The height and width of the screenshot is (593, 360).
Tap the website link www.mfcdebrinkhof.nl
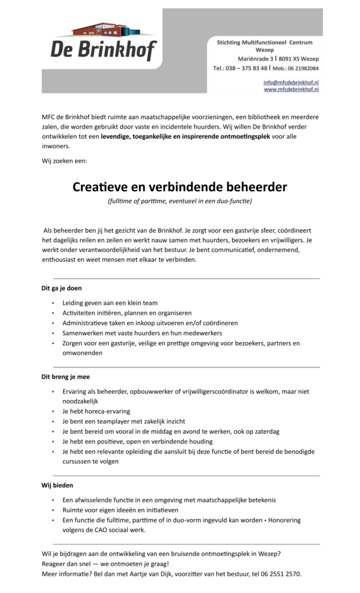(291, 90)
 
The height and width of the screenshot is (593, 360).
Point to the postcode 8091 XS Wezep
(299, 59)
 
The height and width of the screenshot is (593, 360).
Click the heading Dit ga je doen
(61, 288)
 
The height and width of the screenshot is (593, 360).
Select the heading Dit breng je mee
(65, 376)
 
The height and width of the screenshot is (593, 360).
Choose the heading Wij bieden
(57, 485)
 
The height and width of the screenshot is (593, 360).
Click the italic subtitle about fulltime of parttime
(179, 202)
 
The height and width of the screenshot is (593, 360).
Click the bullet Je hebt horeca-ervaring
(96, 411)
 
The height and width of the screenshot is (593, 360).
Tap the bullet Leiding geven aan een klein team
(110, 303)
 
